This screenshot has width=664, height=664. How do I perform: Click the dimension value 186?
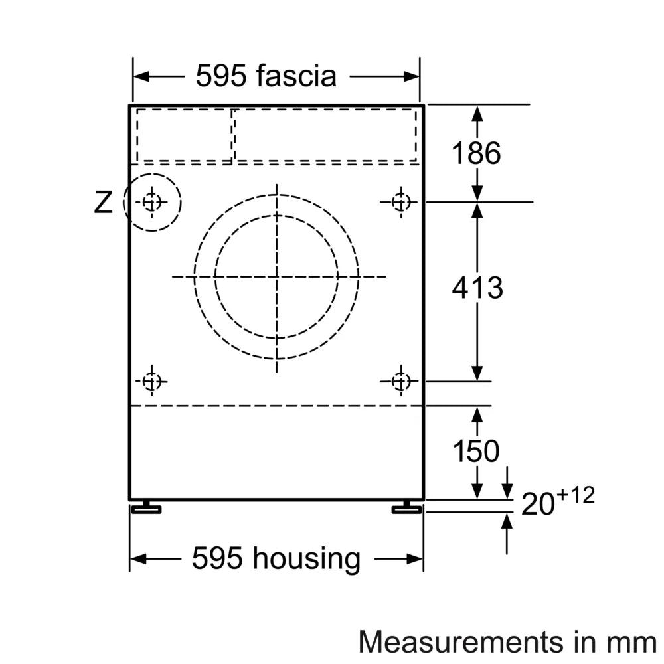pyautogui.click(x=475, y=153)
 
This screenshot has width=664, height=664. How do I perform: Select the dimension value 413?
pyautogui.click(x=477, y=288)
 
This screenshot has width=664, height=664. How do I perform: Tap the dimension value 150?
pyautogui.click(x=475, y=452)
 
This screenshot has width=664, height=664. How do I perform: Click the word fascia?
pyautogui.click(x=297, y=76)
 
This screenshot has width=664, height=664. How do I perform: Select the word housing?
pyautogui.click(x=307, y=558)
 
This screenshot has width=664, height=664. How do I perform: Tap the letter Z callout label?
pyautogui.click(x=103, y=203)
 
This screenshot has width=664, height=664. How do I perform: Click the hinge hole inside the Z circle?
pyautogui.click(x=152, y=201)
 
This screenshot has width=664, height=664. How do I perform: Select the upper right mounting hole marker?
pyautogui.click(x=400, y=201)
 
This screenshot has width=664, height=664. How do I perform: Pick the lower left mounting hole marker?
pyautogui.click(x=152, y=382)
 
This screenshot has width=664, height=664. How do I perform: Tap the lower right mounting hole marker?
pyautogui.click(x=400, y=382)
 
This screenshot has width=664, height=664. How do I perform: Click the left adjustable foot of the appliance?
pyautogui.click(x=146, y=509)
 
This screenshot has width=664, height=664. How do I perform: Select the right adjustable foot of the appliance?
pyautogui.click(x=406, y=509)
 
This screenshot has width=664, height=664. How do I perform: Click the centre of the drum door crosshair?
pyautogui.click(x=277, y=276)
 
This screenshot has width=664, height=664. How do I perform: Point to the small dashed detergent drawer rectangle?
pyautogui.click(x=185, y=135)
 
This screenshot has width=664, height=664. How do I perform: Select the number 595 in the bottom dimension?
pyautogui.click(x=217, y=558)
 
